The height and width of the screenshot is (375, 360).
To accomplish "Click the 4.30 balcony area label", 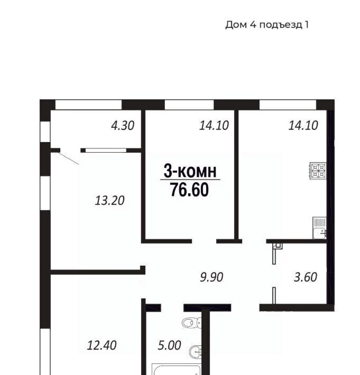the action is click(123, 126).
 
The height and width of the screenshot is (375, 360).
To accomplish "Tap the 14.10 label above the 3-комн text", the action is click(214, 126).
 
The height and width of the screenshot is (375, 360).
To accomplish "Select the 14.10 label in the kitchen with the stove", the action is click(303, 126).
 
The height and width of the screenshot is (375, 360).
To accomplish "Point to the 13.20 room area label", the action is click(109, 201).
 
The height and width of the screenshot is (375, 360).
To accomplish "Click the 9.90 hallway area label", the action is click(211, 277).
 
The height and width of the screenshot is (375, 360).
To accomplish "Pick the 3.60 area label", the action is click(306, 277).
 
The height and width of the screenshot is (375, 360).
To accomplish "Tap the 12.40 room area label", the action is click(101, 345).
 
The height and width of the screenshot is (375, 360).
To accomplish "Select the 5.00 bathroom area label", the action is click(170, 345).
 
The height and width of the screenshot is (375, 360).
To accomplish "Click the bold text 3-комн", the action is click(190, 171).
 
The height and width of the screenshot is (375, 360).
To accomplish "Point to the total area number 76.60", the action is click(190, 190).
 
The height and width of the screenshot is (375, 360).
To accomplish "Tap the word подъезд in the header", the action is click(281, 25).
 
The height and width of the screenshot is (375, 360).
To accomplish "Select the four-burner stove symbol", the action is click(318, 171).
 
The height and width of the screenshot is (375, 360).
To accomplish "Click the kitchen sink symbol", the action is click(319, 228).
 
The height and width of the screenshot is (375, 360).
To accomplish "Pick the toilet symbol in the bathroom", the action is click(191, 323).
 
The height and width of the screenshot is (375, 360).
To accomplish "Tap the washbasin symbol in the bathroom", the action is click(195, 352).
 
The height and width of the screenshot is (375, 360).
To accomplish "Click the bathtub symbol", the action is click(176, 369).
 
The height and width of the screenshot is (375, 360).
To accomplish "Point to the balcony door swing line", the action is click(69, 158).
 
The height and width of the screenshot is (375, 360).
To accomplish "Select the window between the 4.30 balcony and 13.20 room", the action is click(106, 151).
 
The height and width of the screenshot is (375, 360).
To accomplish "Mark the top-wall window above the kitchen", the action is click(288, 105).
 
